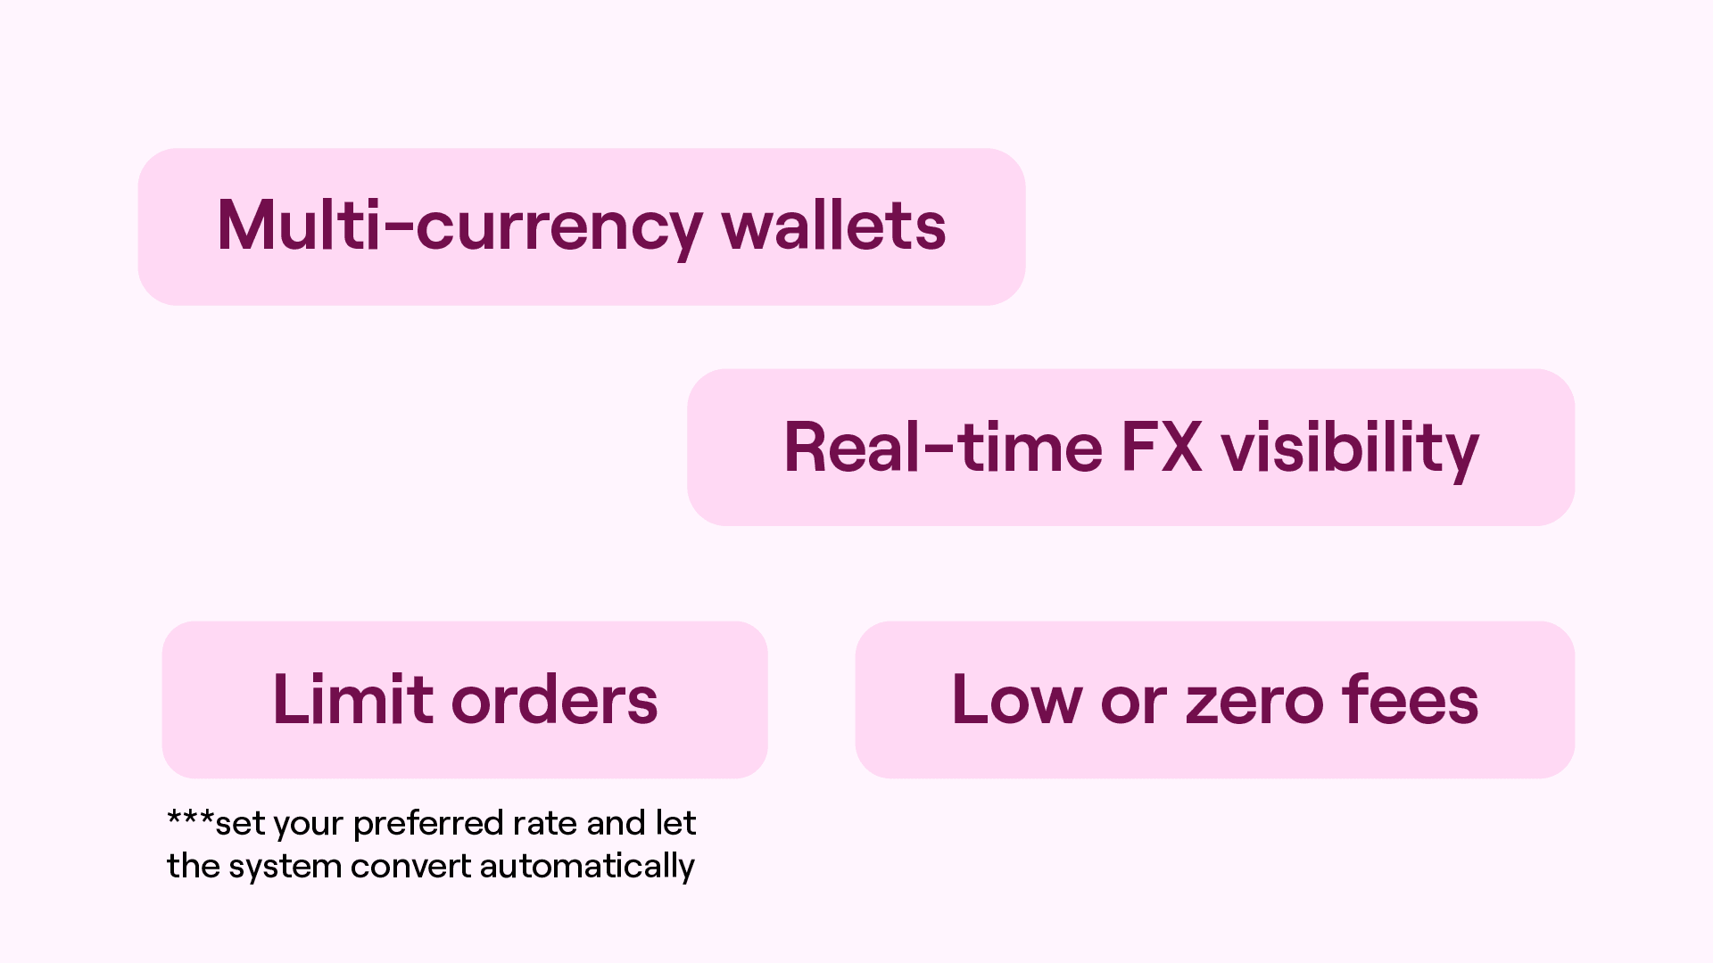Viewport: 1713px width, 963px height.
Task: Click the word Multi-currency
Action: click(x=459, y=228)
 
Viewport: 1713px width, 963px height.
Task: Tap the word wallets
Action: click(x=834, y=225)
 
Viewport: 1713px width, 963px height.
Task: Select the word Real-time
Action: click(x=943, y=447)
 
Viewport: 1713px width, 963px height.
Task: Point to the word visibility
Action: click(x=1350, y=450)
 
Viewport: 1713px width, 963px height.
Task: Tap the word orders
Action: click(x=555, y=699)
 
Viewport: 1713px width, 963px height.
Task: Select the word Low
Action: click(x=1017, y=700)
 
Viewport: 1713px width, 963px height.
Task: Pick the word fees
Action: click(x=1411, y=699)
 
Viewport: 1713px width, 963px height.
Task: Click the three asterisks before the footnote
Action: click(x=190, y=817)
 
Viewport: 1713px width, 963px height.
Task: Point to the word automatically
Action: click(x=587, y=867)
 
